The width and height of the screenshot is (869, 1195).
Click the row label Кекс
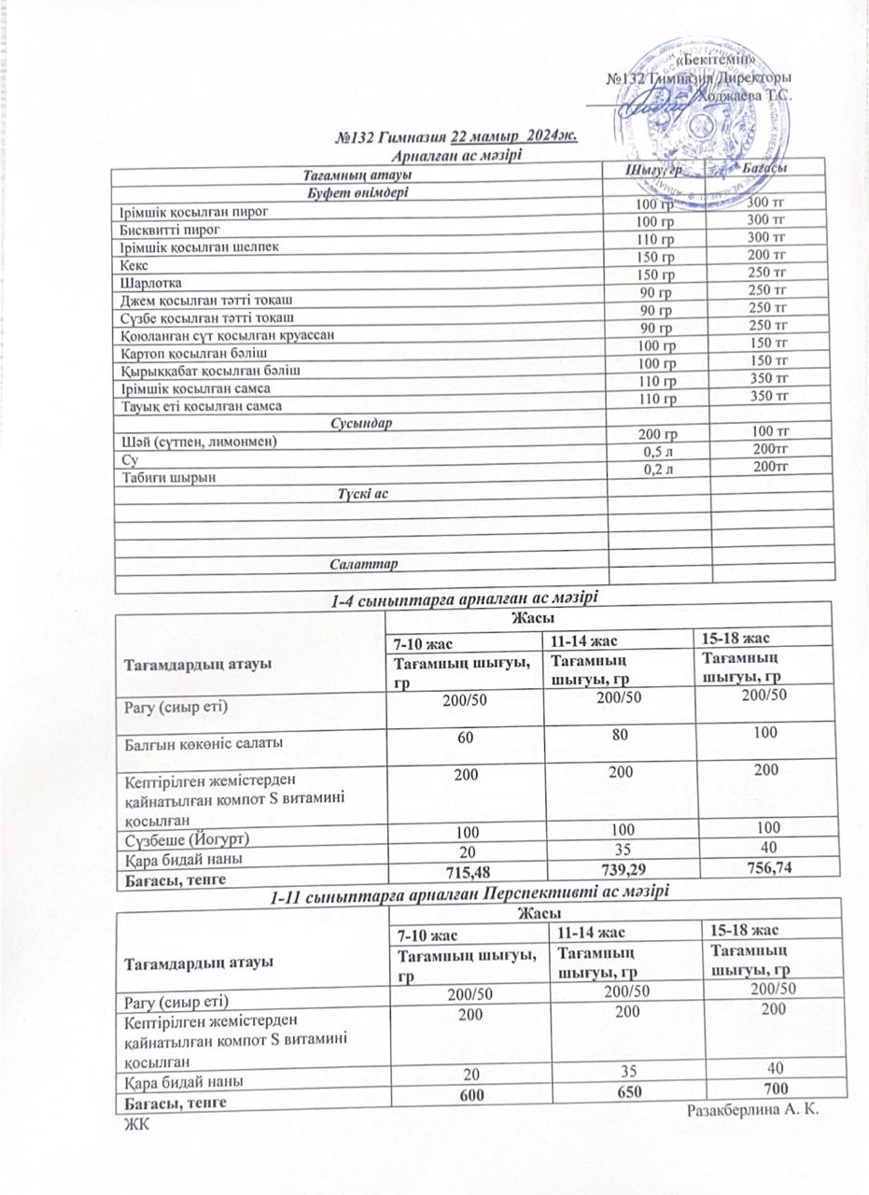click(125, 266)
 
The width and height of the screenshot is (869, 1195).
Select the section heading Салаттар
click(363, 566)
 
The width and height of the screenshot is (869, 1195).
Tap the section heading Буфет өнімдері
click(358, 193)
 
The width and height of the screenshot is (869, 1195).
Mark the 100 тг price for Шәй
click(771, 430)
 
